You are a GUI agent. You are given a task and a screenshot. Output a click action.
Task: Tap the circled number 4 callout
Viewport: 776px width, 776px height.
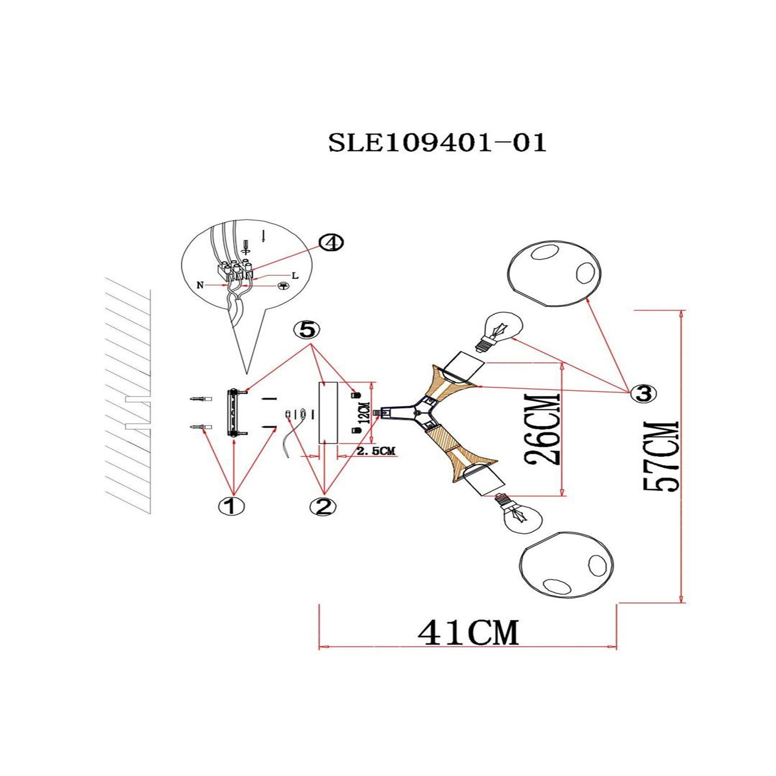331,243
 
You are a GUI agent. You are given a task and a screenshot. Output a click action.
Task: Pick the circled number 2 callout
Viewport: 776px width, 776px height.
323,507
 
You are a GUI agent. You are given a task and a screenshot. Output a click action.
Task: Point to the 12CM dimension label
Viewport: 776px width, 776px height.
365,413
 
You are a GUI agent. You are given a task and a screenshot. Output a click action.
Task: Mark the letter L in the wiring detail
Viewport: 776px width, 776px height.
295,276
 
